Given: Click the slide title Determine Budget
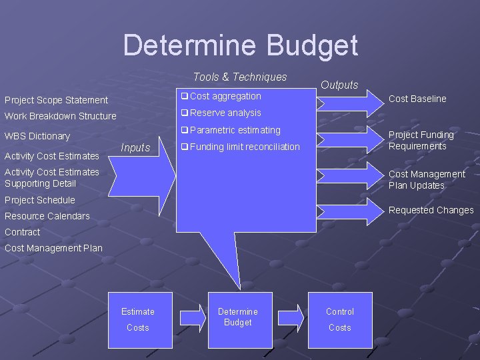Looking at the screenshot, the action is coord(240,45).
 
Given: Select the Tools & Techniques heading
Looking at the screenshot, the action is coord(240,77).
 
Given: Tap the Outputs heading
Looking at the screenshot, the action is coord(339,85).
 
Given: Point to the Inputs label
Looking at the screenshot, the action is coord(135,148).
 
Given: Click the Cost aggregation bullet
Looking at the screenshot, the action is coord(225,97).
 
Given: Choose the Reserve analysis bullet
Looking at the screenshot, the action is coord(225,113).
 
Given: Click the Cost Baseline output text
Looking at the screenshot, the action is coord(417,99).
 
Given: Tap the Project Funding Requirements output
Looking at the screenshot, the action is coord(421,141).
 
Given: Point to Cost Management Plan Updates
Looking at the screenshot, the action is coord(427,180).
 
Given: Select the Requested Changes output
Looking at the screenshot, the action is coord(431,210).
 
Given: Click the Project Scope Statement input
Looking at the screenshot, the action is coord(56,100).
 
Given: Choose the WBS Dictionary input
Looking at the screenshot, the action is coord(37,136).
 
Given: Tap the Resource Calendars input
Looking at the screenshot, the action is coord(47,216).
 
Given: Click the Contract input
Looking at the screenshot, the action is coord(23,232).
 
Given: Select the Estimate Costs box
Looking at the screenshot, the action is coord(138,319).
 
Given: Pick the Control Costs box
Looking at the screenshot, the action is coord(339,319).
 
